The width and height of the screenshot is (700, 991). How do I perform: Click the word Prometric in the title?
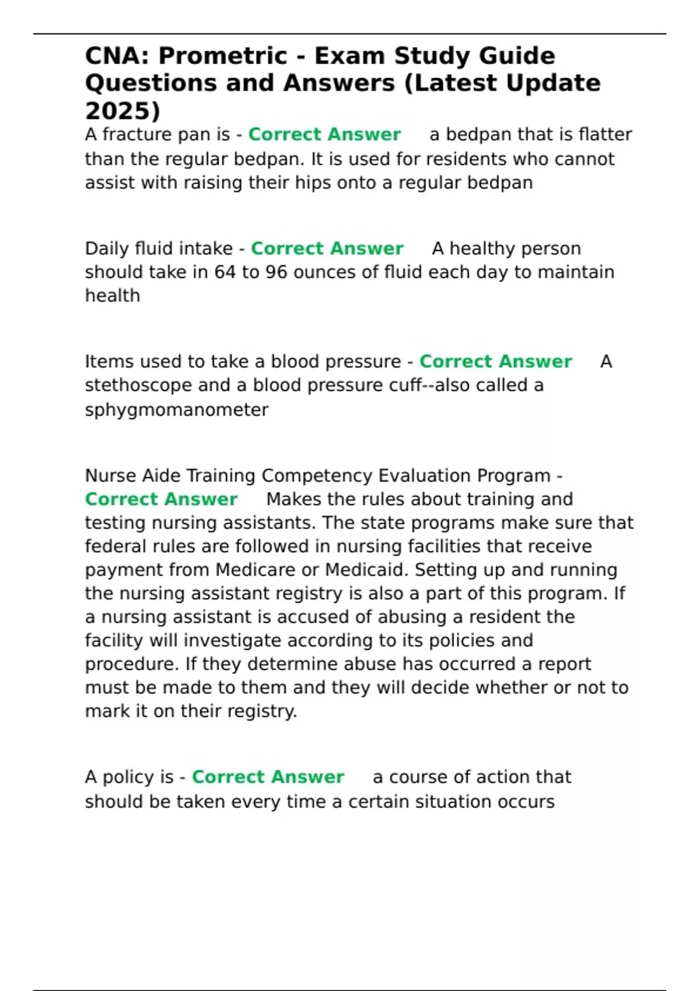(222, 57)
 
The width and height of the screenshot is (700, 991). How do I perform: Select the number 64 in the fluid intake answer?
(225, 272)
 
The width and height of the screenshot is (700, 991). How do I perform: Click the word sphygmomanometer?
(177, 410)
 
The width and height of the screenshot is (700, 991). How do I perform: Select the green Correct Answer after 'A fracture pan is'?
(324, 135)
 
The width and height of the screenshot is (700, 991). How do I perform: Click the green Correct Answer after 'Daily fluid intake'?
(327, 248)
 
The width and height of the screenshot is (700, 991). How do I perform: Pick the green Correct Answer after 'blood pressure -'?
(495, 361)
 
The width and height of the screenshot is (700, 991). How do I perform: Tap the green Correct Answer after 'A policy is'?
(268, 777)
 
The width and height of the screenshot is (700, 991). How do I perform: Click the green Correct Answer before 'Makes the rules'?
(161, 500)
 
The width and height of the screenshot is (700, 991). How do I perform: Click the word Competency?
(317, 476)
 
